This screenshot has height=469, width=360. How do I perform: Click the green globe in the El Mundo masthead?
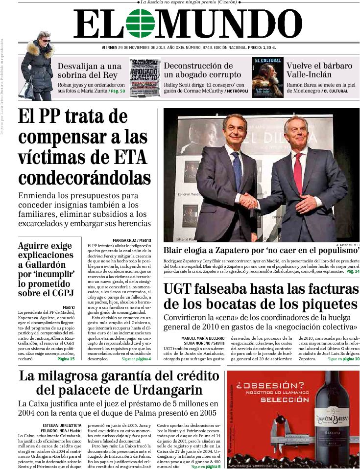[x=140, y=23]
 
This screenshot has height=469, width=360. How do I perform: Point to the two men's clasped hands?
[x=250, y=200]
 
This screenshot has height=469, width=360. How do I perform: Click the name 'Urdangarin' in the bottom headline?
[x=165, y=390]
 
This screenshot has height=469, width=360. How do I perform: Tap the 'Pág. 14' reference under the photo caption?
[x=353, y=271]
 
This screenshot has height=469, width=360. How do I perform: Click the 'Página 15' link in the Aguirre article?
[x=66, y=359]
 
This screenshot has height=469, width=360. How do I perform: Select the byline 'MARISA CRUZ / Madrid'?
[x=132, y=240]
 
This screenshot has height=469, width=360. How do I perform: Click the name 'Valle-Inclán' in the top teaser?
[x=309, y=74]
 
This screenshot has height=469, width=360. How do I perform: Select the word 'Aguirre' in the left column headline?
[x=36, y=246]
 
